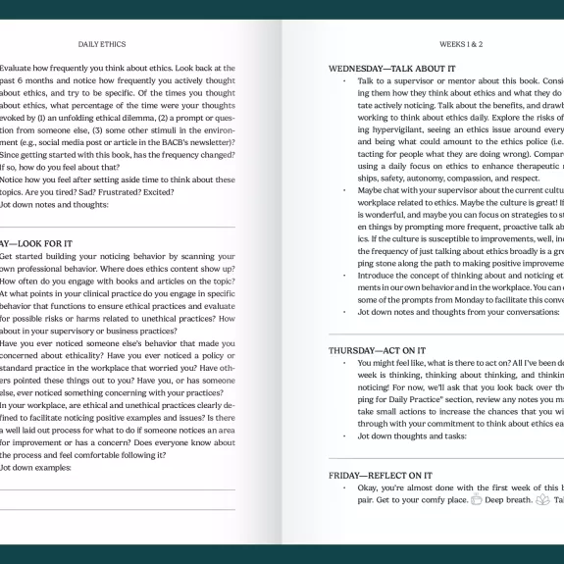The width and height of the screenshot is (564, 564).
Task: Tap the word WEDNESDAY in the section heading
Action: pyautogui.click(x=360, y=69)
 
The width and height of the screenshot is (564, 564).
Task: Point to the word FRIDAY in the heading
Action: pyautogui.click(x=347, y=475)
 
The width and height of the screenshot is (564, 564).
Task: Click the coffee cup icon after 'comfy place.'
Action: pyautogui.click(x=477, y=499)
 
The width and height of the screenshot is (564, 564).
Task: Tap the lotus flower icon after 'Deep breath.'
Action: pyautogui.click(x=542, y=499)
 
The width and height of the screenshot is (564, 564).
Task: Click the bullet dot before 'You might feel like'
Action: pyautogui.click(x=344, y=363)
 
